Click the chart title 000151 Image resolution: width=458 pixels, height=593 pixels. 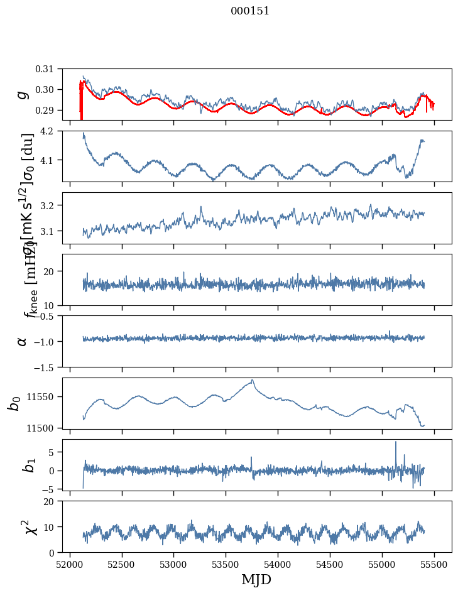coord(250,11)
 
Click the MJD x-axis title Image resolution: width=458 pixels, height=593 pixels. coord(256,579)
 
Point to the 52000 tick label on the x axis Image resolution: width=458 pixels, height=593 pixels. coord(70,563)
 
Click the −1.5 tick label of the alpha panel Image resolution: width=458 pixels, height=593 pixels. coord(46,367)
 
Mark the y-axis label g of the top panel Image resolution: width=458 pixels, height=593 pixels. coord(23,94)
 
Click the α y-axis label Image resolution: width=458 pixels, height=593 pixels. coord(23,341)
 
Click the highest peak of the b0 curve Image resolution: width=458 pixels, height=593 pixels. coord(253,379)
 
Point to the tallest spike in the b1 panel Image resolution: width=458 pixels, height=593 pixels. coord(396,442)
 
